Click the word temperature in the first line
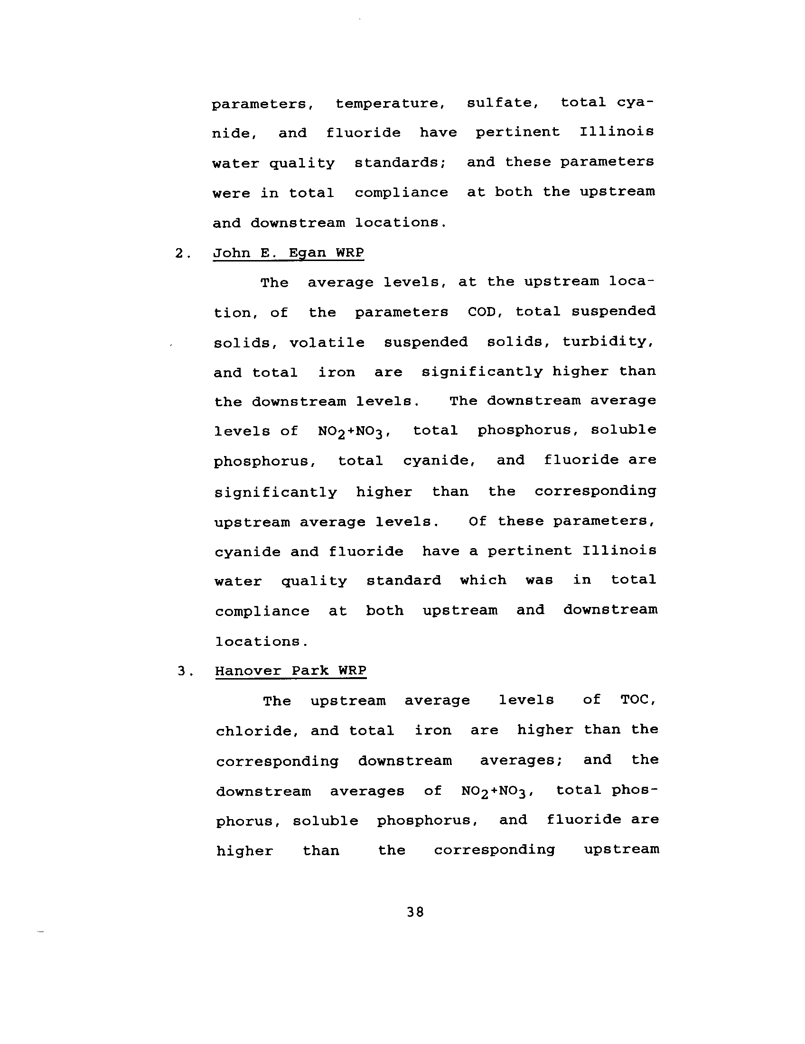[390, 104]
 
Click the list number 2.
[182, 253]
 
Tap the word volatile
[327, 343]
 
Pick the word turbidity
[608, 342]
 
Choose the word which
[483, 580]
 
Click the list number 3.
[185, 671]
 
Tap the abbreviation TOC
[638, 700]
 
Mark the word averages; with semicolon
[521, 761]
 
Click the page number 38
[415, 912]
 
